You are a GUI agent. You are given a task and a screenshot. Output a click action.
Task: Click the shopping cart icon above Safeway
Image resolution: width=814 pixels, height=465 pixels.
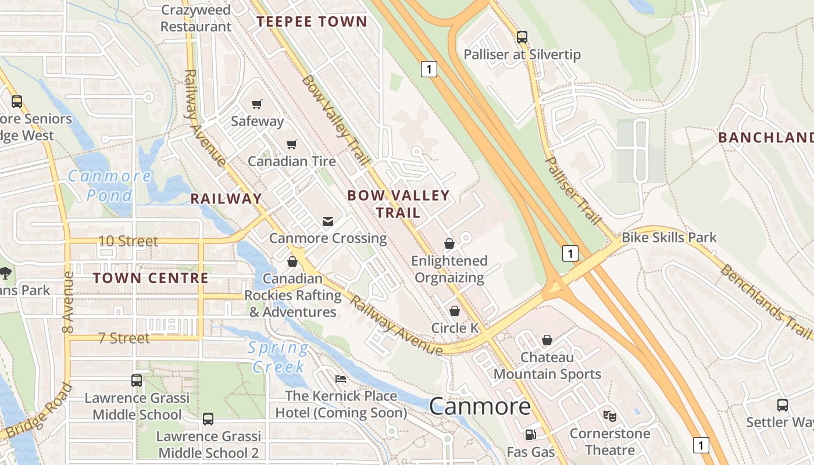256,105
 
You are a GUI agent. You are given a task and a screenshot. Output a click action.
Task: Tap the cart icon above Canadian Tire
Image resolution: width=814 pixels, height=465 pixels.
291,144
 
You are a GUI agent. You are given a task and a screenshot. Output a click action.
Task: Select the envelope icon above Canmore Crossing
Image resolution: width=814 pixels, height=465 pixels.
328,221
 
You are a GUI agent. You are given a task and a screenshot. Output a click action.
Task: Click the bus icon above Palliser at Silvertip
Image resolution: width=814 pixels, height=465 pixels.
522,37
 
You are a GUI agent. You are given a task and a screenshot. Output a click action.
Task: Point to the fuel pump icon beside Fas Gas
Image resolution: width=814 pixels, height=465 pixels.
530,435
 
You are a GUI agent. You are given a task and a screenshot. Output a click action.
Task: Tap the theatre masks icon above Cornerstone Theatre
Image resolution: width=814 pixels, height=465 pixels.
610,416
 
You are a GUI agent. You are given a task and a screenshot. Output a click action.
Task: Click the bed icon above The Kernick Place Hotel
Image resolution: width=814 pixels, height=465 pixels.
341,380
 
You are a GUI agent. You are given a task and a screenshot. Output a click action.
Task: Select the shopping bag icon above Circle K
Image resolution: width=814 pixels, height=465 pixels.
455,312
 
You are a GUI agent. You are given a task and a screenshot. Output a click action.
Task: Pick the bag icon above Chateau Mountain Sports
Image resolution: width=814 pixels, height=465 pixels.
547,340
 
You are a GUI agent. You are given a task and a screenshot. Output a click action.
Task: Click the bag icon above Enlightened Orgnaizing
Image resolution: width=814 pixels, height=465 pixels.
449,244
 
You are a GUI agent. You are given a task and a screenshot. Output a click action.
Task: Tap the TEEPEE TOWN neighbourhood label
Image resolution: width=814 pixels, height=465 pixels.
312,22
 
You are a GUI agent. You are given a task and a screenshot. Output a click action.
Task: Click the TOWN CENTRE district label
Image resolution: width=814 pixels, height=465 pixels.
151,278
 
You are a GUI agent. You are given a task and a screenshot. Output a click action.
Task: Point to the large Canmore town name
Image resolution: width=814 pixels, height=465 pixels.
480,406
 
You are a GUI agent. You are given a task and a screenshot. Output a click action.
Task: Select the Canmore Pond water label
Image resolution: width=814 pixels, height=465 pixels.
110,185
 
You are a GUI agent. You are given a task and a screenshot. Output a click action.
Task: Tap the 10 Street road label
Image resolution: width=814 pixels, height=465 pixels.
128,241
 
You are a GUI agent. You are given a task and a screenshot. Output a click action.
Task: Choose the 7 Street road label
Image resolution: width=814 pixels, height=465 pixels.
124,338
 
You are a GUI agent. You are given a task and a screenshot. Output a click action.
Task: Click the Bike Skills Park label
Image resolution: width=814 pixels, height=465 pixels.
669,237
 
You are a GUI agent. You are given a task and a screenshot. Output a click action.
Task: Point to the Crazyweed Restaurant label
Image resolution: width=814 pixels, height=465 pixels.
196,19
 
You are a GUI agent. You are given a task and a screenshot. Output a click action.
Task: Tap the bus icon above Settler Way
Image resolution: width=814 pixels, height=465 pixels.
783,405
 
